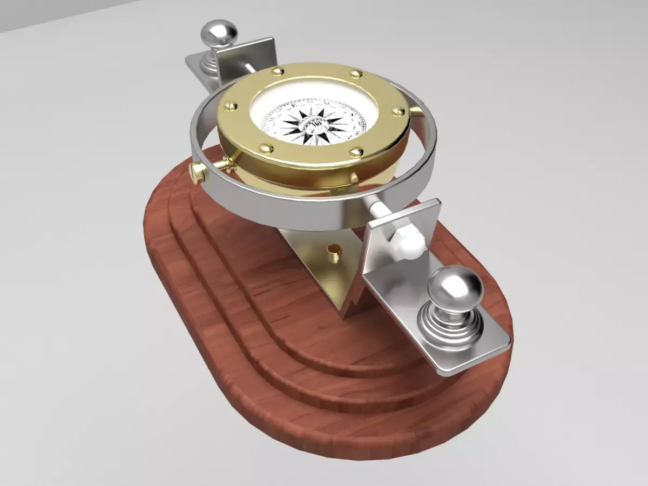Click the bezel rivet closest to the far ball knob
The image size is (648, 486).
click(x=278, y=71)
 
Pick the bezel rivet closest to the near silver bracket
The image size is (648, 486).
click(x=356, y=153)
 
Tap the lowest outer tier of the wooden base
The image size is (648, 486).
click(x=302, y=432)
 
